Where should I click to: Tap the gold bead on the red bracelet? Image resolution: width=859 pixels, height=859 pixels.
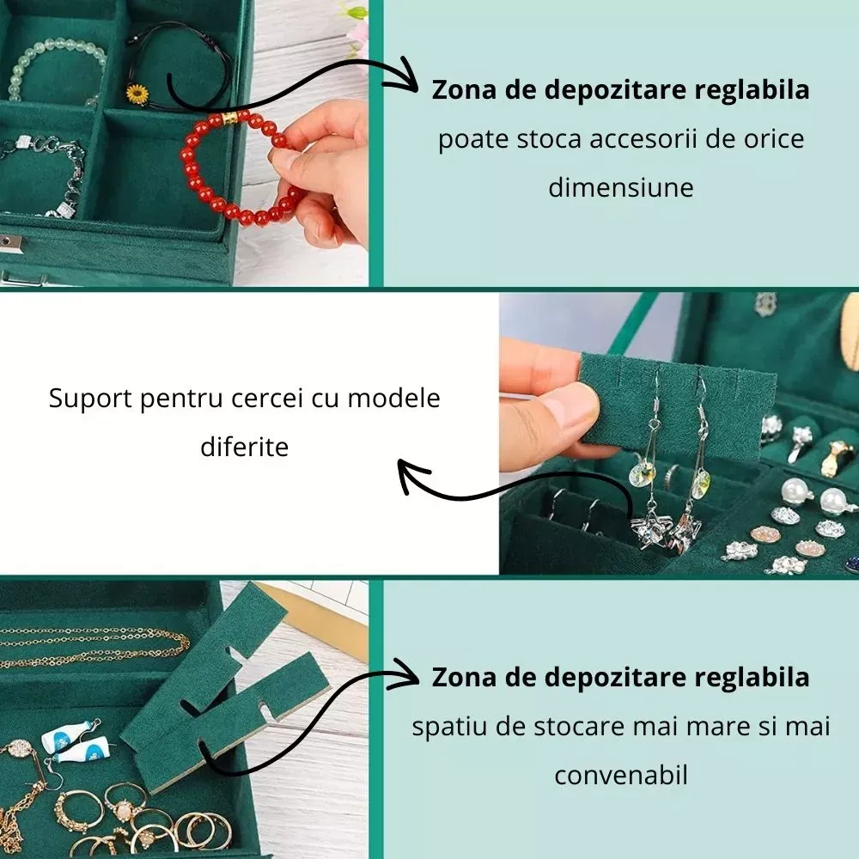coord(229,119)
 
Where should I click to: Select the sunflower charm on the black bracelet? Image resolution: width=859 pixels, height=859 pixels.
coord(137,94)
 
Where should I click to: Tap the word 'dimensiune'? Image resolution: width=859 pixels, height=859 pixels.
coord(621,187)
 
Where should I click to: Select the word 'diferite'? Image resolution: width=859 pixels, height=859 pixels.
coord(244,447)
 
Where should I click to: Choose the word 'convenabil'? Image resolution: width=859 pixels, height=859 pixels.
coord(621,775)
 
